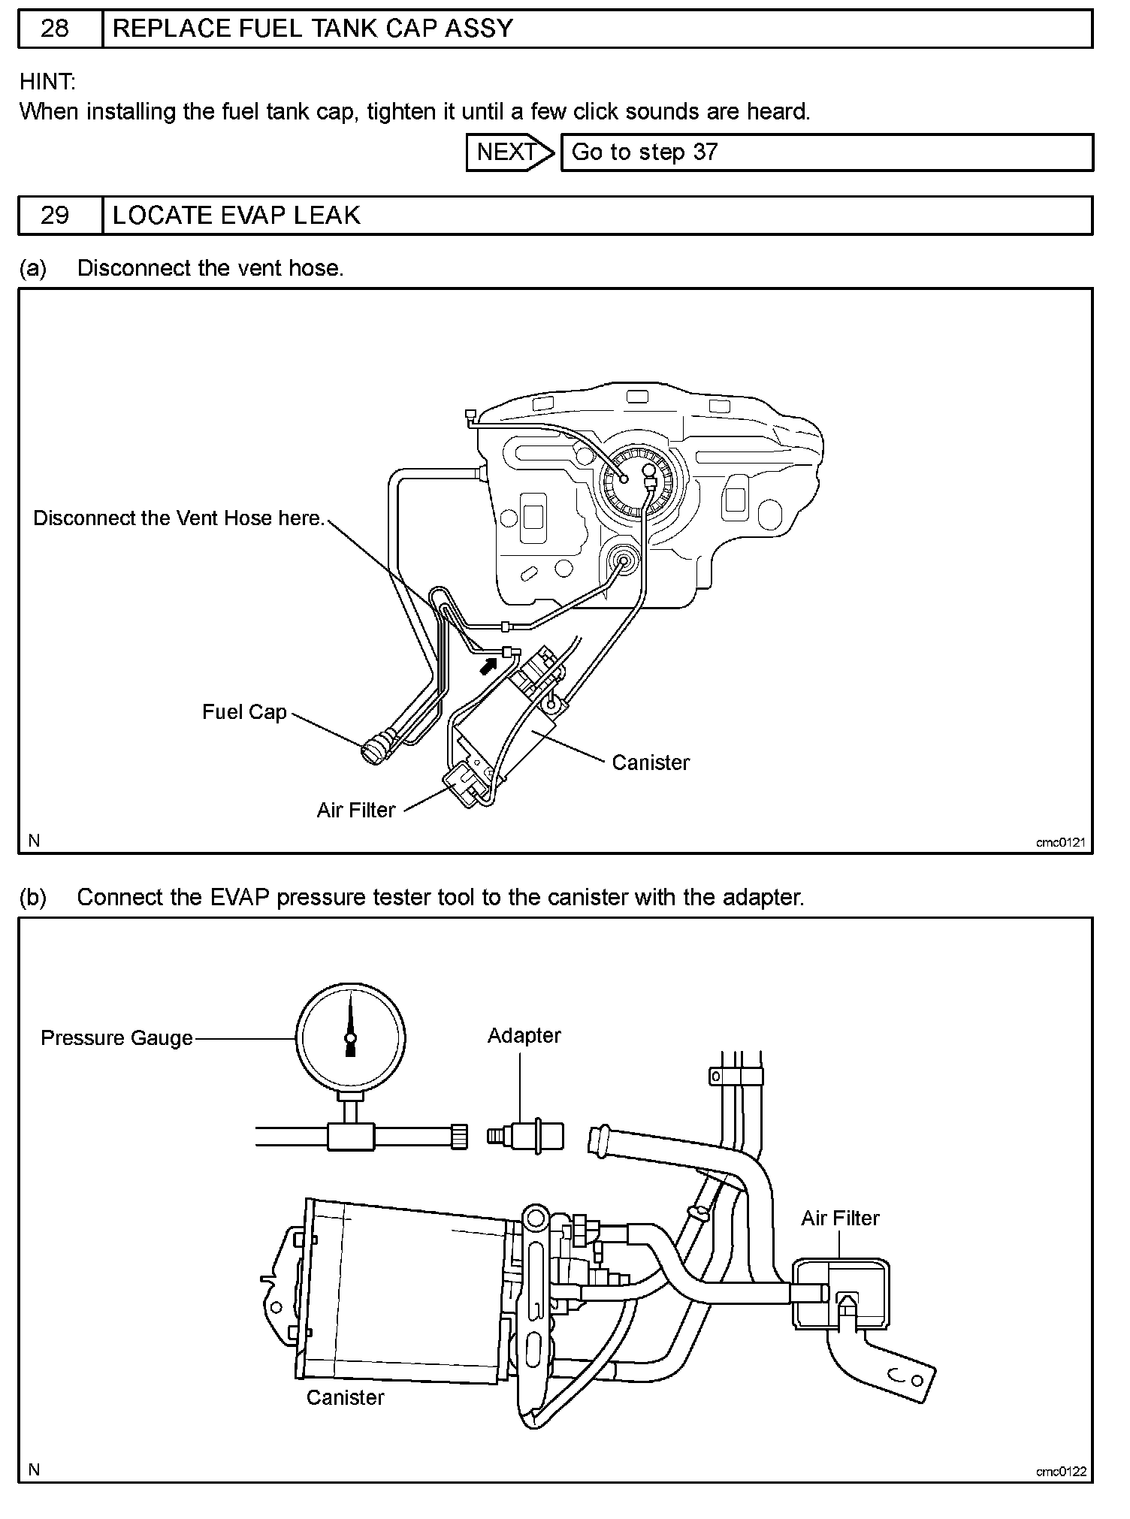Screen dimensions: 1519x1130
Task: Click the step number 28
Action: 54,29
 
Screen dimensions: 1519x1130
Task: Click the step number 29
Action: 54,216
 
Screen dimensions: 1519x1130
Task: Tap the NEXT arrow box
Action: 509,153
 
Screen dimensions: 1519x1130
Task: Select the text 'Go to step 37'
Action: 645,153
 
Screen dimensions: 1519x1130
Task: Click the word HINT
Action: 47,81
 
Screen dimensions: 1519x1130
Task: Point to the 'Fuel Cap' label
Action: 244,712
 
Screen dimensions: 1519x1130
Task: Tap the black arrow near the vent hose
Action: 489,663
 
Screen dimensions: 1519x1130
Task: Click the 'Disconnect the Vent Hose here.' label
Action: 179,518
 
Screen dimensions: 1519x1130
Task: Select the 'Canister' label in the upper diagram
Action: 651,763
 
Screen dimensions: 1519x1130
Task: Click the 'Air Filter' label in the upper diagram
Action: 355,810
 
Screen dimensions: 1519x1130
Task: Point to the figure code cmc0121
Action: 1061,842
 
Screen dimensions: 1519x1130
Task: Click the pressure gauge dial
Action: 350,1037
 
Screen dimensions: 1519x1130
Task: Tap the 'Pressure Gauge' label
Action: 116,1038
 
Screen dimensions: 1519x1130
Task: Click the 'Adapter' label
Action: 524,1035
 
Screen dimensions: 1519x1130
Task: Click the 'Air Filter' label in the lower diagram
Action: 840,1218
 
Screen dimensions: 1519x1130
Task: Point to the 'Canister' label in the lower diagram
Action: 345,1397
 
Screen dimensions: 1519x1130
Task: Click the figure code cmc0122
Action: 1061,1471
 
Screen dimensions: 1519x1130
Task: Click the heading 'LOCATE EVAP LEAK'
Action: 237,216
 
